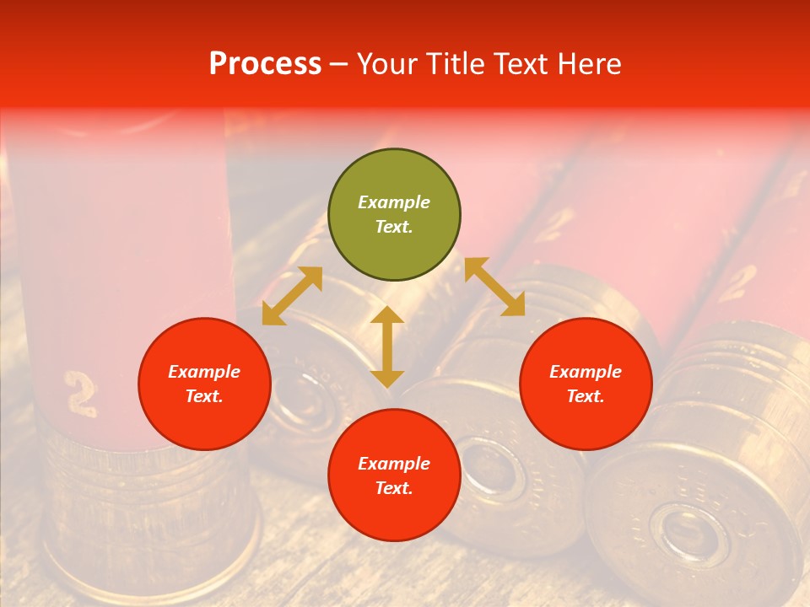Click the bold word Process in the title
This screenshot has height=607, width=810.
(265, 64)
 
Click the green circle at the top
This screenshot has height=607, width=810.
(394, 215)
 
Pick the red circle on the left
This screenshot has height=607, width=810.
(204, 384)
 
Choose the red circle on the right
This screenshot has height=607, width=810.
(586, 384)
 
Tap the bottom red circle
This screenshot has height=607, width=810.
(394, 475)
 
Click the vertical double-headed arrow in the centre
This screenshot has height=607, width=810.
(387, 346)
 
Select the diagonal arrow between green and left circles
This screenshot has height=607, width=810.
(292, 296)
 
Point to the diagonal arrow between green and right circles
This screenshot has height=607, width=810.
(494, 287)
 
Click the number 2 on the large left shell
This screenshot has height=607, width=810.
(81, 393)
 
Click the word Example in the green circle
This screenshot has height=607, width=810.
(394, 202)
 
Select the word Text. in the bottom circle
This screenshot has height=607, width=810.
(394, 489)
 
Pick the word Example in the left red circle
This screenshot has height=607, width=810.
(204, 372)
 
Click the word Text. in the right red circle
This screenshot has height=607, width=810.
(586, 397)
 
